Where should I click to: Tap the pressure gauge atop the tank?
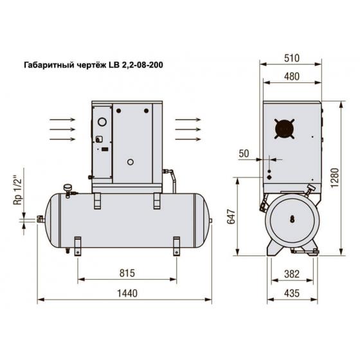pyautogui.click(x=67, y=186)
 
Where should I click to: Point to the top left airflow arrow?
pyautogui.click(x=62, y=119)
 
